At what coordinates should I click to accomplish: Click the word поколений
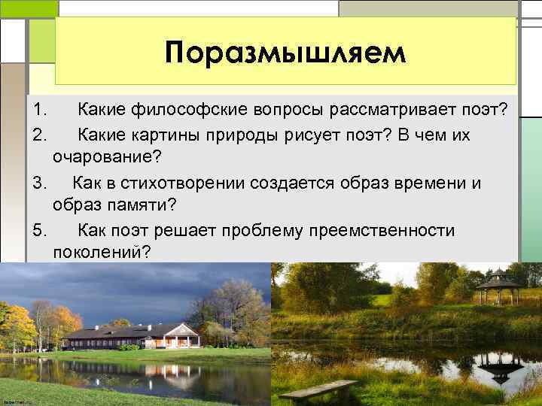(x=101, y=253)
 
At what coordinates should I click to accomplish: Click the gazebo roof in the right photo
(x=498, y=279)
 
